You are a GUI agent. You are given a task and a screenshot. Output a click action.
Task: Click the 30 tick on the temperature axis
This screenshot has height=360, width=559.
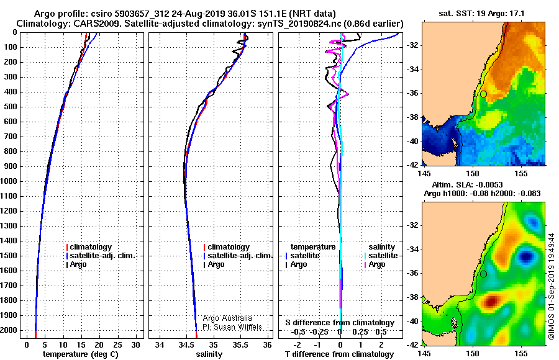click(136, 344)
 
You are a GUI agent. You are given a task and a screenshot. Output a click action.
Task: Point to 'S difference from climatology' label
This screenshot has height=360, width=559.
click(339, 323)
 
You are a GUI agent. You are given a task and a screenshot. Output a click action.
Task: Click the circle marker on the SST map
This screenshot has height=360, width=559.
click(483, 94)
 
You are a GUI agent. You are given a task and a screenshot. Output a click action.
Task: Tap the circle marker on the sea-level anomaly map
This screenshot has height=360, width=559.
click(483, 273)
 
